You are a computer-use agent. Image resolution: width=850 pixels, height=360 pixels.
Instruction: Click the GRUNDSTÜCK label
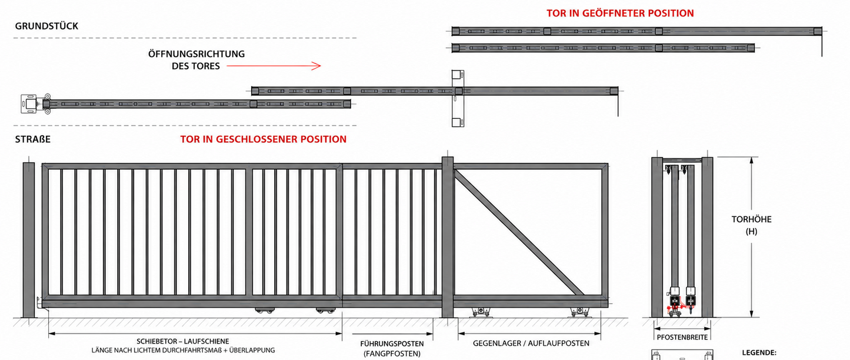(46, 26)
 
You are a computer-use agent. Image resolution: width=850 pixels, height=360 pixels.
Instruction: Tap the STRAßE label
(32, 139)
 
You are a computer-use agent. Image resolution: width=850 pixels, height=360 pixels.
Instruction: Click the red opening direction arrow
(274, 66)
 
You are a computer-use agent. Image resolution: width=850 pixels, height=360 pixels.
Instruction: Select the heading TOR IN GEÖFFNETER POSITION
(620, 14)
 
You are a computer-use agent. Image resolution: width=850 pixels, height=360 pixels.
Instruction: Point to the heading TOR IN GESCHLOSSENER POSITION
(264, 139)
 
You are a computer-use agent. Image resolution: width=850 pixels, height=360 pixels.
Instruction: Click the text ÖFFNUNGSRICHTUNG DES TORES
(196, 60)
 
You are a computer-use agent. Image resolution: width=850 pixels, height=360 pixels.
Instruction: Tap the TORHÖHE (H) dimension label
(751, 225)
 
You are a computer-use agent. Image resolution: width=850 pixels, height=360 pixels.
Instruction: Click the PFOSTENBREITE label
(682, 337)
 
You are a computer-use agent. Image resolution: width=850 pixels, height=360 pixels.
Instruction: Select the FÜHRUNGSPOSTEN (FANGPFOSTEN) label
(392, 349)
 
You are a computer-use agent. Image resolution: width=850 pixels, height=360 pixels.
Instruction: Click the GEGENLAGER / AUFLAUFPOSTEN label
(531, 344)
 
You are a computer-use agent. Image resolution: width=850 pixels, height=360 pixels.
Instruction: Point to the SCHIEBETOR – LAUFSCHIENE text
(183, 341)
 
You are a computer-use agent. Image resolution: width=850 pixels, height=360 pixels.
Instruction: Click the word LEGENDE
(759, 353)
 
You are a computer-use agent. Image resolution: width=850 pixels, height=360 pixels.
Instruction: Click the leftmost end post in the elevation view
(29, 240)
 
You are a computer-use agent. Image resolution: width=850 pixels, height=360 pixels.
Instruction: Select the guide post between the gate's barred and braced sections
(448, 238)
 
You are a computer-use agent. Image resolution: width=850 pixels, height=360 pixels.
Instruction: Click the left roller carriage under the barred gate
(264, 311)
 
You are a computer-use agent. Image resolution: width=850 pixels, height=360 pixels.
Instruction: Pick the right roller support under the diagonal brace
(579, 312)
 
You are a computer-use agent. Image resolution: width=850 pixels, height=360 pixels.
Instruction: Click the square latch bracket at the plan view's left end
(29, 104)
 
